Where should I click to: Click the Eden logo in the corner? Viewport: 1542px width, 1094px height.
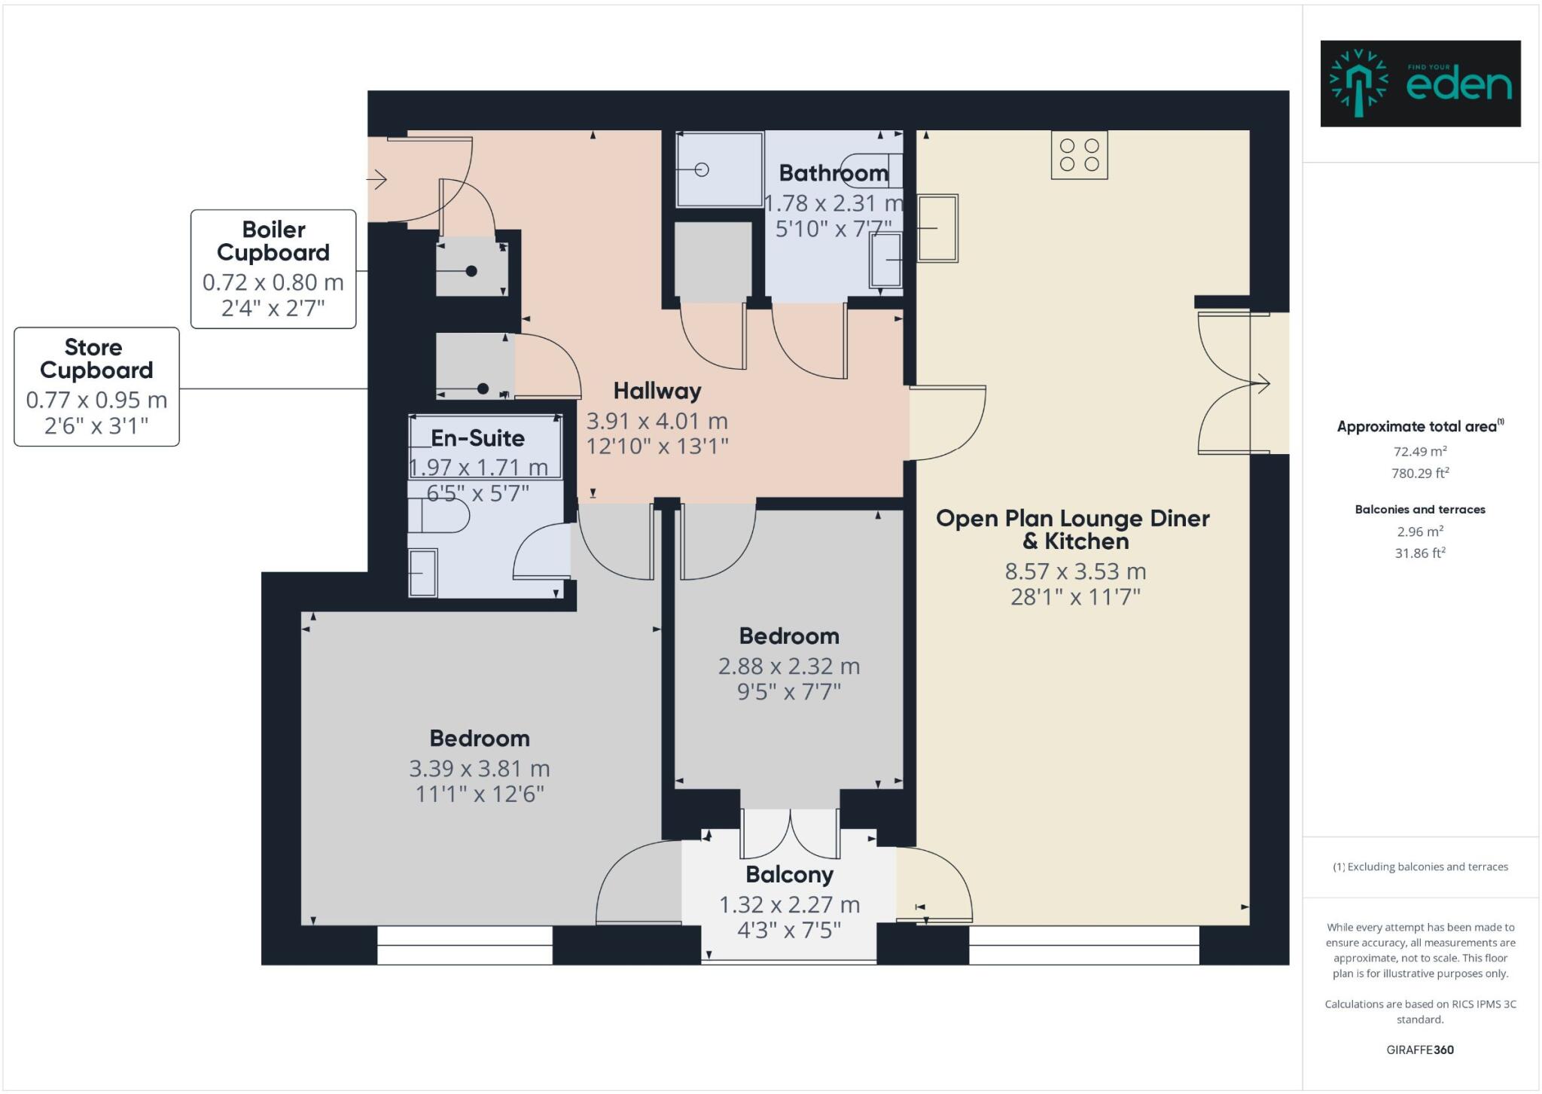click(1420, 84)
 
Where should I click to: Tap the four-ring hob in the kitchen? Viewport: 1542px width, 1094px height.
click(1079, 154)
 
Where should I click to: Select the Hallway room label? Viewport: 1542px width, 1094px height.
click(657, 391)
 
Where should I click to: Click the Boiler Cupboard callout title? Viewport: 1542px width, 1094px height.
click(273, 241)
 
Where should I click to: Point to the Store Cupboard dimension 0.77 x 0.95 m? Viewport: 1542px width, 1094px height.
click(96, 400)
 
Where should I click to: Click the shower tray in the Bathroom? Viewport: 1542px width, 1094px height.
click(719, 169)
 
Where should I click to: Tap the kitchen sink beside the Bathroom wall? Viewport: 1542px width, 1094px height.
click(937, 227)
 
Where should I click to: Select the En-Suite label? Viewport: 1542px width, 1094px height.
click(477, 438)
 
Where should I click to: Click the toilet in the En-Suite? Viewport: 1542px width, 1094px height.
click(438, 516)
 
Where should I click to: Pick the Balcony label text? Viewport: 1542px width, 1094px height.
click(789, 875)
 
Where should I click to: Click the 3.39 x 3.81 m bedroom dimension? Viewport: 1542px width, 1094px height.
click(479, 769)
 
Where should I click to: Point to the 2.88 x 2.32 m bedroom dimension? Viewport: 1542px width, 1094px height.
click(788, 666)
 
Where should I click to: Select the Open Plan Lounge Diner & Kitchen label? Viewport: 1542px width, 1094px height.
click(1072, 529)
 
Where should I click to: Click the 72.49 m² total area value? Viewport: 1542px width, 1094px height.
click(1419, 452)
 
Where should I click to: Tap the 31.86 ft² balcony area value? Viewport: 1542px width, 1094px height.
click(1419, 553)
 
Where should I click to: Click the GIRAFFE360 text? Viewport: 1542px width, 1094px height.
click(1419, 1050)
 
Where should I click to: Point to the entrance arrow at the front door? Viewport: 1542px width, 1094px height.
click(376, 179)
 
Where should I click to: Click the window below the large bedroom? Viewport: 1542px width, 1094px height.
click(465, 945)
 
